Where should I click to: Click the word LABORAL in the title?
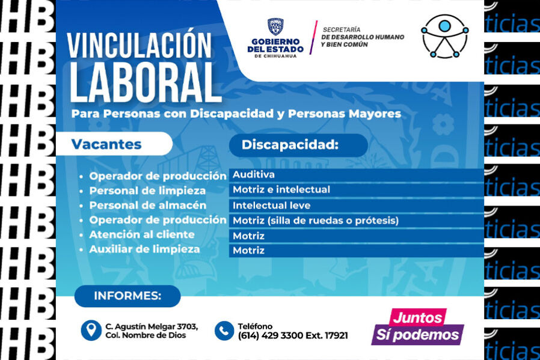coord(146,83)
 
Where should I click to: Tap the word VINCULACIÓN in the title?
coord(139,46)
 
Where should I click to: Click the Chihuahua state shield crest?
coord(275,26)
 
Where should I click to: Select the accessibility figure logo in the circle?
coord(444,36)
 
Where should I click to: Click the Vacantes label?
coord(106,144)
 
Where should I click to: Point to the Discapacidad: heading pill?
coord(298,145)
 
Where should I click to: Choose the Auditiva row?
coord(356,175)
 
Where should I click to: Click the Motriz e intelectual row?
coord(356,190)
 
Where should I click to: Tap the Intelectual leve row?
coord(356,206)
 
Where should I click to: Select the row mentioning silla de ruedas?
coord(356,221)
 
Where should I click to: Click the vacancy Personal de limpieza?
coord(147,191)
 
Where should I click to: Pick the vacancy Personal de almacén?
coord(148,206)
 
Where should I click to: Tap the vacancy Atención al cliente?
coord(142,235)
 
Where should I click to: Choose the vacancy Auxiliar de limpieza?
coord(145,249)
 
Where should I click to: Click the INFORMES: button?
coord(127,296)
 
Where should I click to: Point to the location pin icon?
coord(91,331)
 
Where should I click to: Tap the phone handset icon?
coord(224,331)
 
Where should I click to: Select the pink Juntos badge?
coord(417,317)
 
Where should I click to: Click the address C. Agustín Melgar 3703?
coord(152,326)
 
